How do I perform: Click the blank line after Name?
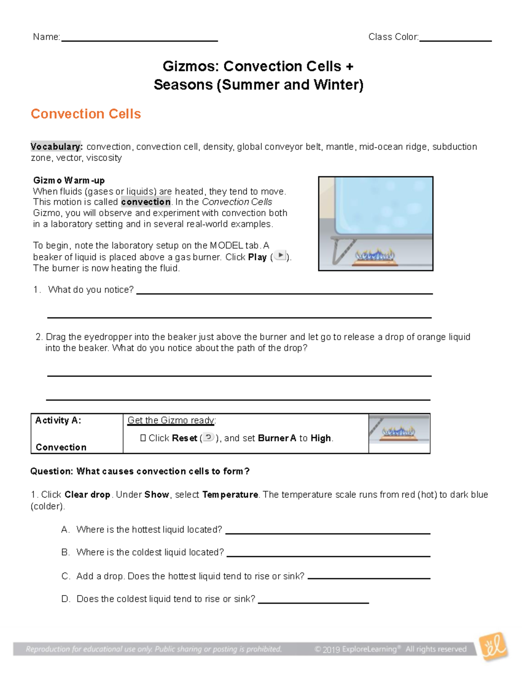139,40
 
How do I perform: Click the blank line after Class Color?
455,40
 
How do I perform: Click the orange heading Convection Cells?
86,114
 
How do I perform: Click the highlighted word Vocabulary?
56,147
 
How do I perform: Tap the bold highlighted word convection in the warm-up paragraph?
146,202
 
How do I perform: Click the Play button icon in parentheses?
281,256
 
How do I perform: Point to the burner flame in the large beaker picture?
375,255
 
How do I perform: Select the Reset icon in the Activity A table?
208,437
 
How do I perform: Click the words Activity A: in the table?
58,420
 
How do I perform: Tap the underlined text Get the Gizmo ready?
171,420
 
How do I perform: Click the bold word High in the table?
321,438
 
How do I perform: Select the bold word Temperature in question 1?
230,495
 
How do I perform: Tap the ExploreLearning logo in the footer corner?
493,647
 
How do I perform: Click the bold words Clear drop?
87,495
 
